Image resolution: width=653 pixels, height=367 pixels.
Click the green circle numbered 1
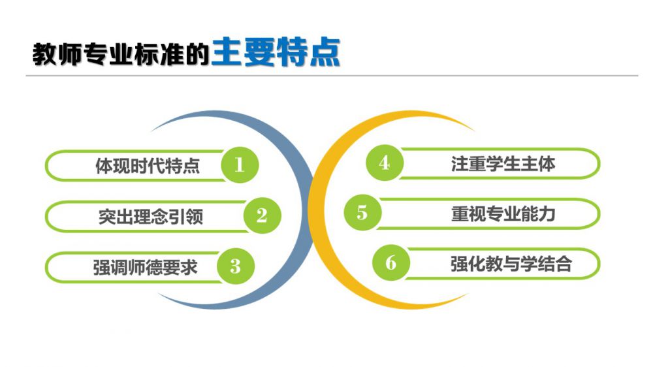point(240,165)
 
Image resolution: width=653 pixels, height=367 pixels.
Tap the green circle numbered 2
point(263,215)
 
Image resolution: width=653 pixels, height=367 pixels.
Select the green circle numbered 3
point(236,266)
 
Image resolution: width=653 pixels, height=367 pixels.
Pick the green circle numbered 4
point(385,163)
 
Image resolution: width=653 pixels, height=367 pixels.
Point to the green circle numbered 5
point(362,212)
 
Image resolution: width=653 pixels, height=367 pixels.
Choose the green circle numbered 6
point(391,263)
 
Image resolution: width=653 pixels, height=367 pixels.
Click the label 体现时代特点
point(148,165)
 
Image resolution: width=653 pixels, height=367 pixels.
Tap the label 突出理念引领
point(151,216)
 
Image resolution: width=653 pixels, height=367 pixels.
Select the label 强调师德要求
point(146,267)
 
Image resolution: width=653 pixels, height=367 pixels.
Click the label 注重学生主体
point(503,163)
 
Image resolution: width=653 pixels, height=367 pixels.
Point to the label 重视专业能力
point(503,214)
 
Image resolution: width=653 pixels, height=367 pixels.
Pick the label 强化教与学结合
point(511,264)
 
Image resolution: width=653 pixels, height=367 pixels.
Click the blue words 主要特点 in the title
point(276,52)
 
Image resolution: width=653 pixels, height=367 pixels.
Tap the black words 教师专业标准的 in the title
point(121,54)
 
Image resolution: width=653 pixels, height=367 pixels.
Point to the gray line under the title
point(332,76)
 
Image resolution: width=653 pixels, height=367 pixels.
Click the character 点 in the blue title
point(325,52)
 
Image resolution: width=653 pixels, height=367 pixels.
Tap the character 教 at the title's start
point(44,54)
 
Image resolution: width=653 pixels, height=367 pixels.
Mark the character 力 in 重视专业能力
point(547,214)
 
